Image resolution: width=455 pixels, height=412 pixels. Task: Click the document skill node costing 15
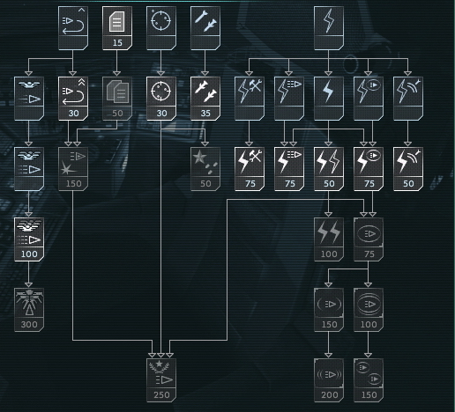pos(117,28)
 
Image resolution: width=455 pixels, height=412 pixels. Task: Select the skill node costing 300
pos(29,310)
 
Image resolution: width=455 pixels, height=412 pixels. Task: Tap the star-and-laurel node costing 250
pos(161,380)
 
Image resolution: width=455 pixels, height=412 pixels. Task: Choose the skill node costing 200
pos(329,380)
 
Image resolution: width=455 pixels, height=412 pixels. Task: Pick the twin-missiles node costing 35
pos(205,99)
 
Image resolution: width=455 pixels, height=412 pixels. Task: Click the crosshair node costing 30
pos(161,99)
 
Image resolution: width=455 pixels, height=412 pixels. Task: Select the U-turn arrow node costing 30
pos(73,99)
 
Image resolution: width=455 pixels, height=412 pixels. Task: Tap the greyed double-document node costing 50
pos(117,99)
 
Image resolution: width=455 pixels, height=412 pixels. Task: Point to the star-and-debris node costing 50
pos(205,169)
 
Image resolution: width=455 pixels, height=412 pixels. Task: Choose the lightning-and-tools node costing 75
pos(250,169)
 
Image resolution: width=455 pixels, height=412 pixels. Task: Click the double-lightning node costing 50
pos(329,169)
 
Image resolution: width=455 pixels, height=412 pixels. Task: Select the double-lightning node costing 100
pos(329,239)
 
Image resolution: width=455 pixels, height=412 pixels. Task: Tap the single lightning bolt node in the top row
pos(329,28)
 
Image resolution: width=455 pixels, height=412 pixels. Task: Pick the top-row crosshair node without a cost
pos(161,28)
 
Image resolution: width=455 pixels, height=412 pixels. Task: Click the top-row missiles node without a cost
pos(205,28)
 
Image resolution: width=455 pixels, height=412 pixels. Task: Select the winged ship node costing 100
pos(29,239)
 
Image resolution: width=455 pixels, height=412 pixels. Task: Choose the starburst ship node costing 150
pos(73,169)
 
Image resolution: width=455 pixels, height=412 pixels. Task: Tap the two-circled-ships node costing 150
pos(369,380)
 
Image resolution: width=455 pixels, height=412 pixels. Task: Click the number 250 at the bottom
pos(161,395)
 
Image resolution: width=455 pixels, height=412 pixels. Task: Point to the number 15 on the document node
pos(117,43)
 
